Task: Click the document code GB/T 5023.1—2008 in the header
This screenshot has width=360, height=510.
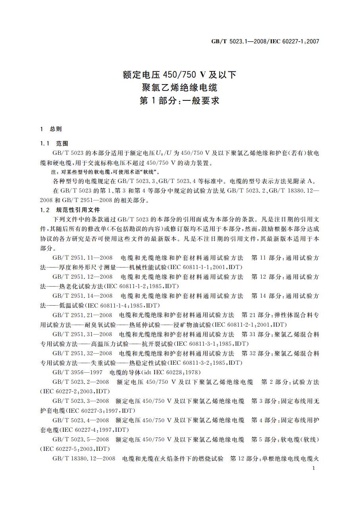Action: (235, 41)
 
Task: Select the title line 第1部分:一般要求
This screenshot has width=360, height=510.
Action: (180, 101)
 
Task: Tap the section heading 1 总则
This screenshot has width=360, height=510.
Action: (51, 129)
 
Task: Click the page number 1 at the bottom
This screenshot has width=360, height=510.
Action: (314, 469)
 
